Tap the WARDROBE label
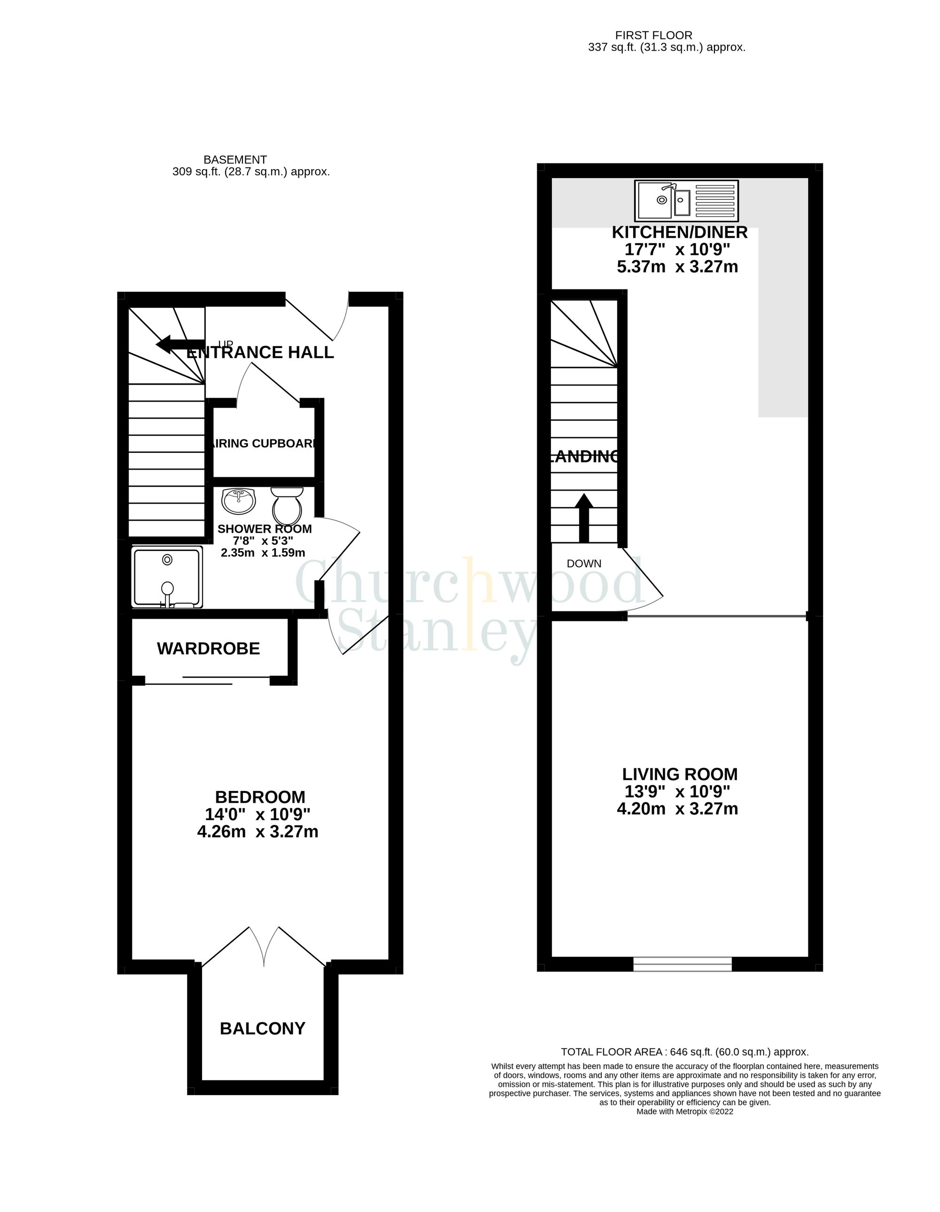coord(208,648)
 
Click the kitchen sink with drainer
coord(686,200)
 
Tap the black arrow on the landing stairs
coord(584,517)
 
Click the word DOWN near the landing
coord(584,563)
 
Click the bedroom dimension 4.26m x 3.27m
coord(258,831)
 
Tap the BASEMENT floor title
coord(235,160)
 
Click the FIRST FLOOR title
coord(653,36)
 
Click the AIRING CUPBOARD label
coord(264,443)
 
